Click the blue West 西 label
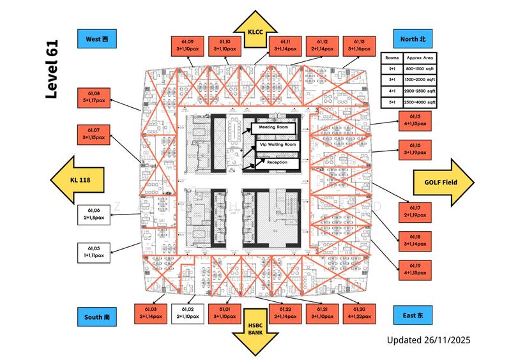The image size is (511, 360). [x=96, y=39]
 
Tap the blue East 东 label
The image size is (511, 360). [x=413, y=315]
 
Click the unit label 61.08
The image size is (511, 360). [x=95, y=96]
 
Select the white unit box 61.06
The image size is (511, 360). [x=95, y=214]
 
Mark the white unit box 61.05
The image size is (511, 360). [x=95, y=251]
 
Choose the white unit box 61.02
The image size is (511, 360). [x=188, y=313]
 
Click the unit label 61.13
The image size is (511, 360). [x=358, y=45]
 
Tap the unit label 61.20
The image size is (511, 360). [x=358, y=313]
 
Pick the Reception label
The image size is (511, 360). [x=277, y=163]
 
